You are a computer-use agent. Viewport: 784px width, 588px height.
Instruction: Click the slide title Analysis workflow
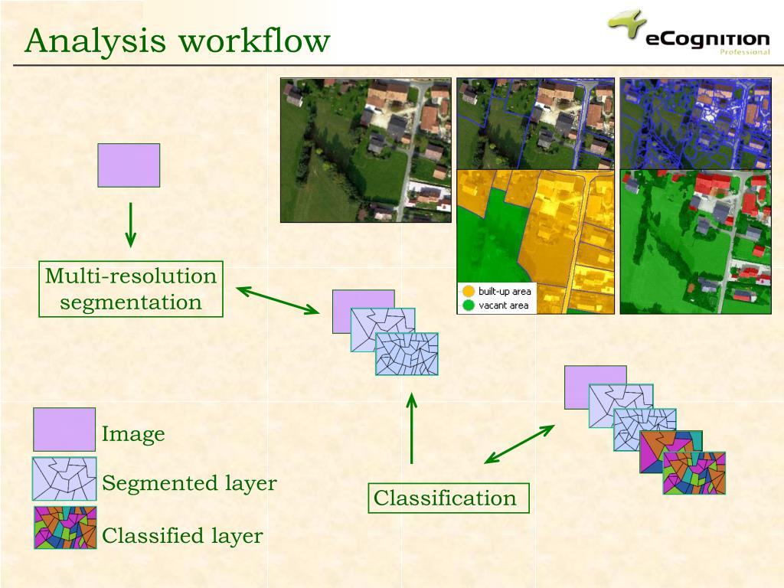tap(177, 41)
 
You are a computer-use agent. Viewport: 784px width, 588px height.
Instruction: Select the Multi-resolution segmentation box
tap(131, 289)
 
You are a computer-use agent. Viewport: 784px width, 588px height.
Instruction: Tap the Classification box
tap(445, 498)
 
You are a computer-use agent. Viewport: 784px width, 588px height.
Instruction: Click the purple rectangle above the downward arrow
tap(129, 165)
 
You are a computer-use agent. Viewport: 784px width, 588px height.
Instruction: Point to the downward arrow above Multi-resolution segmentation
tap(131, 224)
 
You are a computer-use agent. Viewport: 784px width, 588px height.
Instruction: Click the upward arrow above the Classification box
tap(412, 429)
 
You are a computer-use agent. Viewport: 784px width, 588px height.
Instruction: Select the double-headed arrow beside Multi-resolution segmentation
tap(278, 300)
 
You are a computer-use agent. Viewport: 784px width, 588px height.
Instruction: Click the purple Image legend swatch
tap(64, 430)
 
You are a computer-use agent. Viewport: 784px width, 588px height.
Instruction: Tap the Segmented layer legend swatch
tap(64, 479)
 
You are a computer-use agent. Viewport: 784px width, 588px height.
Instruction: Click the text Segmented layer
tap(189, 484)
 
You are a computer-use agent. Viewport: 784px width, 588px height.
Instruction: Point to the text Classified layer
tap(182, 536)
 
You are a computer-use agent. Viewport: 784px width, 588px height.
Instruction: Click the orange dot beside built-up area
tap(468, 292)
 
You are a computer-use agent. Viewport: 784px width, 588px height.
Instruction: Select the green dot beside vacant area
tap(468, 305)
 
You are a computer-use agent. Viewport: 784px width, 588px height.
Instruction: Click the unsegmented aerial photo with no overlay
tap(365, 150)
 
